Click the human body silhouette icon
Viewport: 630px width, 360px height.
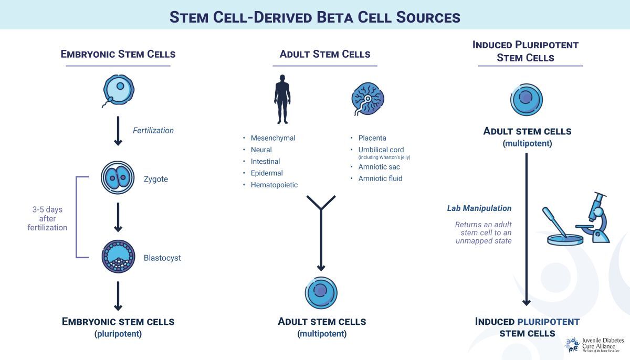282,99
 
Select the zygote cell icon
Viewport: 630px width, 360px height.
118,179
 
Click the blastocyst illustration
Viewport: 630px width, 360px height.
118,257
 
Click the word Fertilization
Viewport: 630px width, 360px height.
153,130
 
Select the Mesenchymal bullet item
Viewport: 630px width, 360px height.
272,138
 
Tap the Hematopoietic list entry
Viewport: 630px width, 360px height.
274,185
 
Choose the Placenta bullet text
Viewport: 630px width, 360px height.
372,138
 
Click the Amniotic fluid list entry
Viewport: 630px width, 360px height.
380,178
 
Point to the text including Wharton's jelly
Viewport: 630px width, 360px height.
384,157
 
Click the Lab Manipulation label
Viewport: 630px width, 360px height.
479,208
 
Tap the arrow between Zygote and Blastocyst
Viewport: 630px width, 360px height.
118,217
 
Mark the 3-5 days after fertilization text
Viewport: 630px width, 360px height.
47,218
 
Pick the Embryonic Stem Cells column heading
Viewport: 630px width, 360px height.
118,54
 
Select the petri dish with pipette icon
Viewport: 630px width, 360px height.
563,231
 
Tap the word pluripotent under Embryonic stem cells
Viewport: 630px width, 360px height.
118,333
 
